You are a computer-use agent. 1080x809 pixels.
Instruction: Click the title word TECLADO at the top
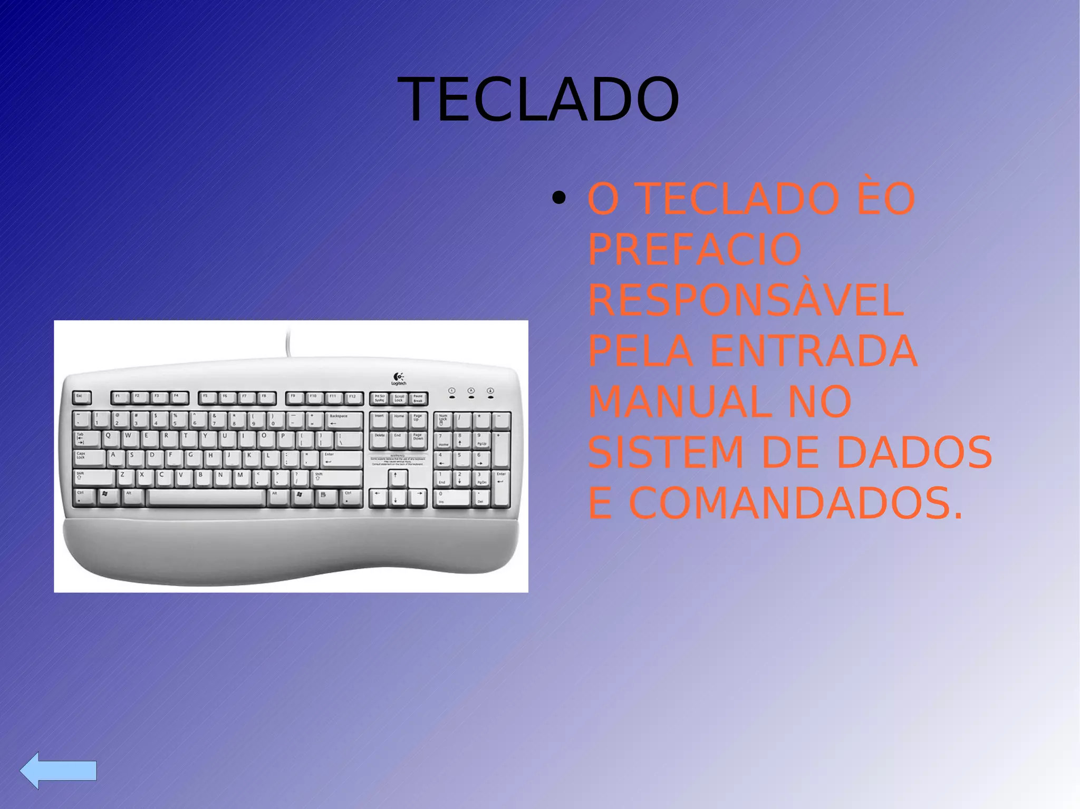(x=538, y=100)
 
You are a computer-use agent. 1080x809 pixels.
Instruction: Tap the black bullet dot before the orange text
(x=558, y=199)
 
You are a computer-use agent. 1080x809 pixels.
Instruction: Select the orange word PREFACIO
(x=695, y=249)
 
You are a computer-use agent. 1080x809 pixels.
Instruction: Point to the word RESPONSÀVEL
(x=746, y=300)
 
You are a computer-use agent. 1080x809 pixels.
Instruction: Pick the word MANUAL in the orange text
(x=677, y=402)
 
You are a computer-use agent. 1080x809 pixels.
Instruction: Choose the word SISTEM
(x=666, y=452)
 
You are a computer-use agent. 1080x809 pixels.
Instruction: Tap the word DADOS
(x=914, y=452)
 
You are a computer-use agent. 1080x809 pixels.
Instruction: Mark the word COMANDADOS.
(x=796, y=503)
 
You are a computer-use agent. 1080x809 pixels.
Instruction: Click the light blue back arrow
(x=58, y=770)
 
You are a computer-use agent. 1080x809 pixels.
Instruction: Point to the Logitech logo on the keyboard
(x=399, y=378)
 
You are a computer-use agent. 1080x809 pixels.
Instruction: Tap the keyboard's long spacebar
(x=206, y=497)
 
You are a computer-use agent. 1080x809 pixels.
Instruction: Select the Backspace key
(x=344, y=420)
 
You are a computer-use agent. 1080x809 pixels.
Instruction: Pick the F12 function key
(x=353, y=397)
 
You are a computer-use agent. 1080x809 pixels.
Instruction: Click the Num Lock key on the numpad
(x=443, y=420)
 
